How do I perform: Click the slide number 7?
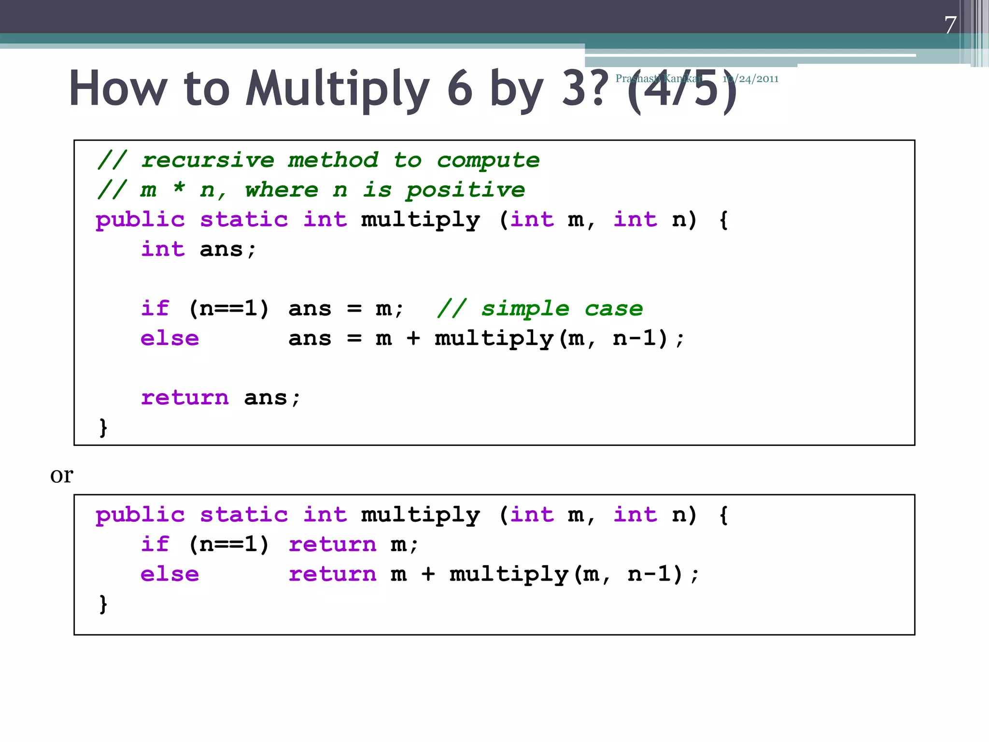point(950,25)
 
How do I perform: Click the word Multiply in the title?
point(337,89)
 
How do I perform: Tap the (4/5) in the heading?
point(682,89)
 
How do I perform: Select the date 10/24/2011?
point(750,79)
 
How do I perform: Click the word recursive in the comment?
point(208,160)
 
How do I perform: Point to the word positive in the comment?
point(466,190)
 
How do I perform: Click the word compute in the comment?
point(488,160)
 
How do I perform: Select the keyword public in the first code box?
point(140,220)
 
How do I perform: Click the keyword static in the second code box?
point(244,515)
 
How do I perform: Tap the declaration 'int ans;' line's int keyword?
point(163,250)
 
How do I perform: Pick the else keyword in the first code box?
point(170,339)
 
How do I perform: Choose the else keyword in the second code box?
point(170,574)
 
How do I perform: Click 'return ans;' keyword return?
point(184,398)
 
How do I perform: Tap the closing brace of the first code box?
point(103,428)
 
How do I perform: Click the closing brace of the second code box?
point(103,604)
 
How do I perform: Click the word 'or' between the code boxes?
point(62,475)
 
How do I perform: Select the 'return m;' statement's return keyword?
point(332,545)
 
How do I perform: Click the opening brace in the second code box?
point(723,515)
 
